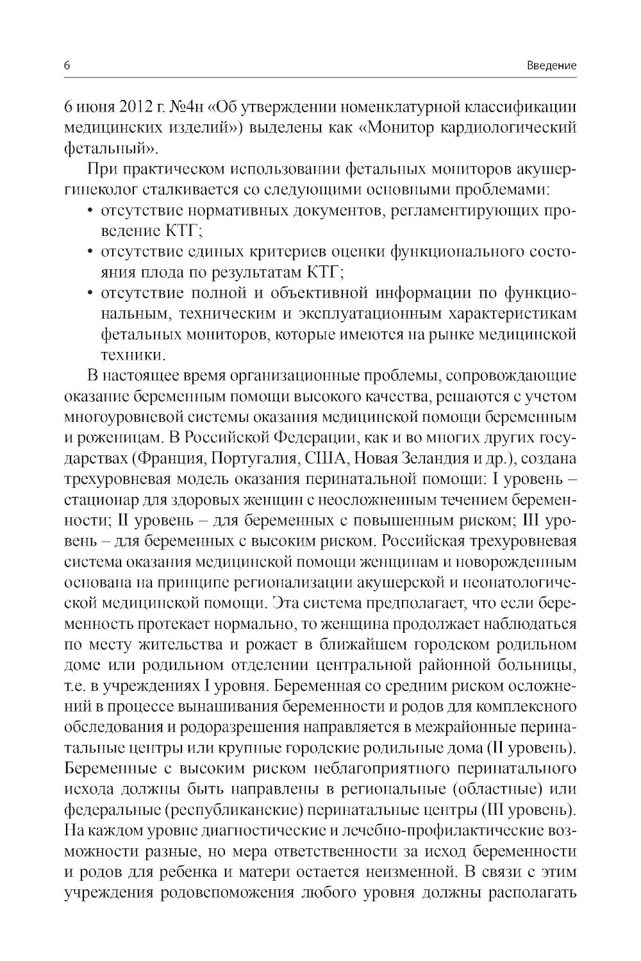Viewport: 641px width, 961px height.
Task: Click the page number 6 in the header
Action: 67,65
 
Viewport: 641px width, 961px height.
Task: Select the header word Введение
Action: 551,65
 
